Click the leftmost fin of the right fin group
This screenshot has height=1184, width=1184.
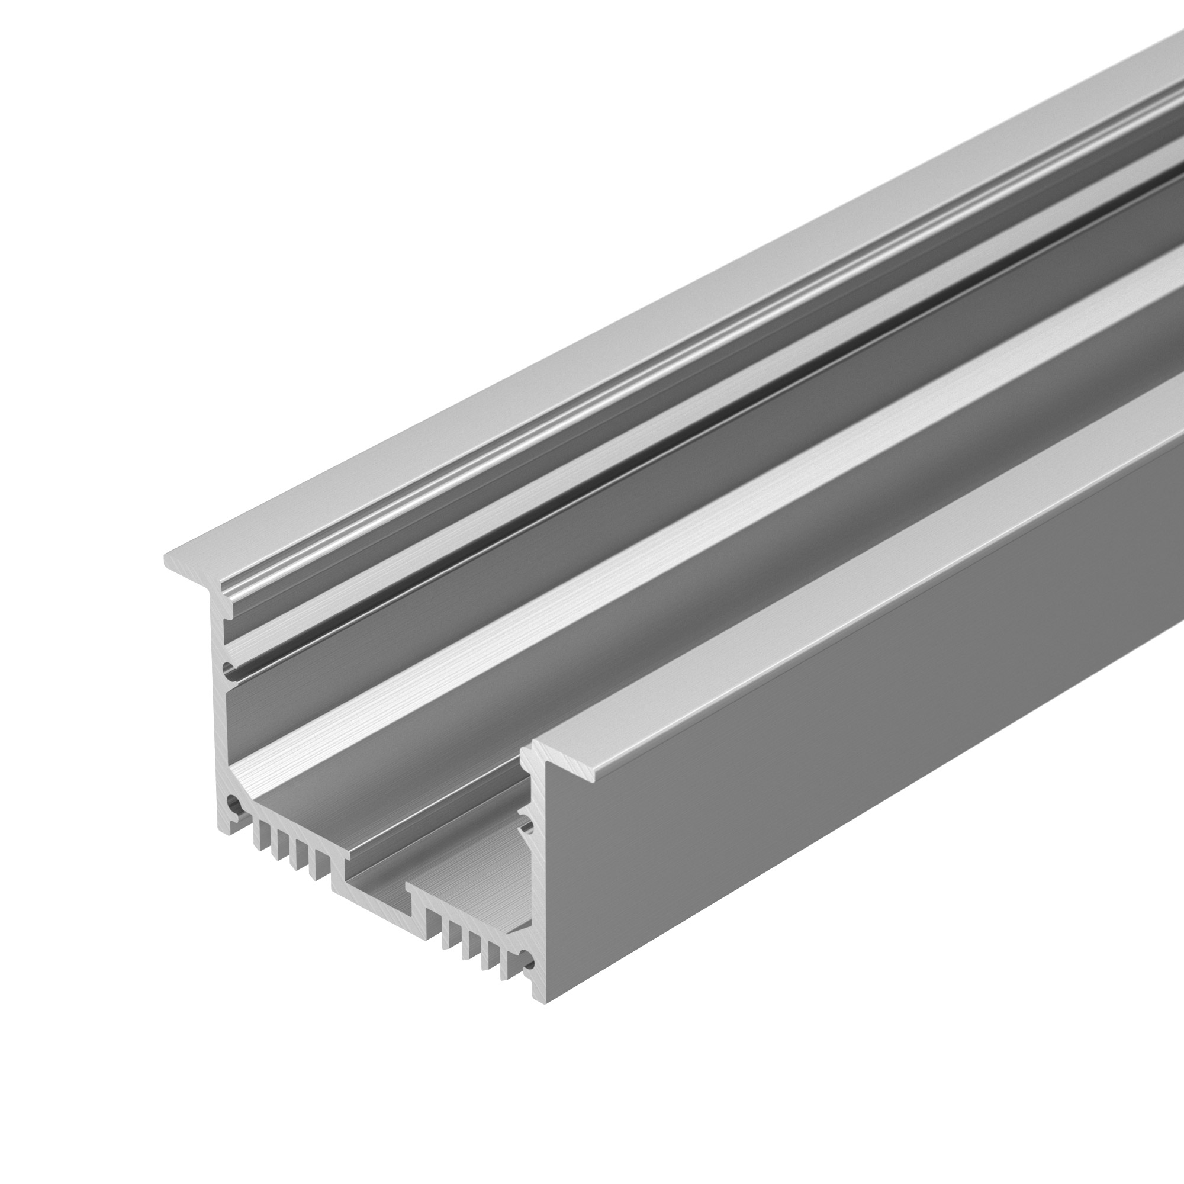coord(432,925)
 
